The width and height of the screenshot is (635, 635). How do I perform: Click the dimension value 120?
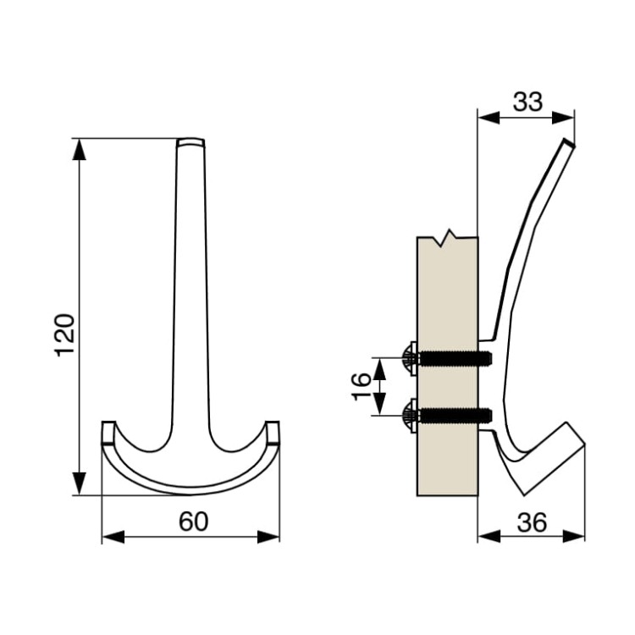coord(65,335)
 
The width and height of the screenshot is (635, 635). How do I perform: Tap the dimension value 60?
coord(194,522)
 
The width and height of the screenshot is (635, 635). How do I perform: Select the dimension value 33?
coord(527,102)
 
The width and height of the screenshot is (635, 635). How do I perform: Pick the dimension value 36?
coord(532,522)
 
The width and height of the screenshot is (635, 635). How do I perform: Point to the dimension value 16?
coord(362,387)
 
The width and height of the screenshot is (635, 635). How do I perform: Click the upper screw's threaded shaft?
coord(456,357)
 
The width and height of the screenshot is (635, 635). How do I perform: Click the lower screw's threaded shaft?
coord(456,415)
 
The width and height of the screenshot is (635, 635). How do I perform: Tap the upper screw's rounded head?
coord(410,358)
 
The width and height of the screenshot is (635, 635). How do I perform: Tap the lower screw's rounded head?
coord(410,416)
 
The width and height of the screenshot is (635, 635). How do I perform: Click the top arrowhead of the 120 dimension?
coord(79,150)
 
